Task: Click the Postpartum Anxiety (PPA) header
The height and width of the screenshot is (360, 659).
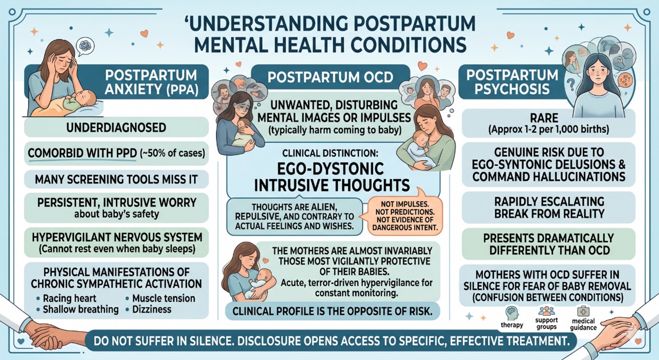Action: [x=151, y=82]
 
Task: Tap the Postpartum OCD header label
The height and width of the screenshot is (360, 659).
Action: [x=330, y=77]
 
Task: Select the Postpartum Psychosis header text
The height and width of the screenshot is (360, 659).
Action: [x=512, y=82]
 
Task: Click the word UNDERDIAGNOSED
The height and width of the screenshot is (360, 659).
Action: [x=116, y=128]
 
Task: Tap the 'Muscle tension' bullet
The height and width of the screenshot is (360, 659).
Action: [x=160, y=298]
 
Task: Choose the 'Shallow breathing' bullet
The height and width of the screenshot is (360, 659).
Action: [x=78, y=309]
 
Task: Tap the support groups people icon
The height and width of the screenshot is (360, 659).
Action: [x=547, y=311]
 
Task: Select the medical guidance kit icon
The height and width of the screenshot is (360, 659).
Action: [x=583, y=311]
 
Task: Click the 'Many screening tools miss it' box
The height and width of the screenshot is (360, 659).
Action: [x=116, y=179]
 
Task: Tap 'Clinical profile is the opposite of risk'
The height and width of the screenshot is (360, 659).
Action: [x=332, y=311]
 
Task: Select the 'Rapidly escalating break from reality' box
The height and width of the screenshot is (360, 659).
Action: [x=549, y=207]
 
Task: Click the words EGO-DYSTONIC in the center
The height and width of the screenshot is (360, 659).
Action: [x=331, y=169]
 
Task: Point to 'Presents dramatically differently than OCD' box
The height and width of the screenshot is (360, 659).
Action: [x=549, y=244]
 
